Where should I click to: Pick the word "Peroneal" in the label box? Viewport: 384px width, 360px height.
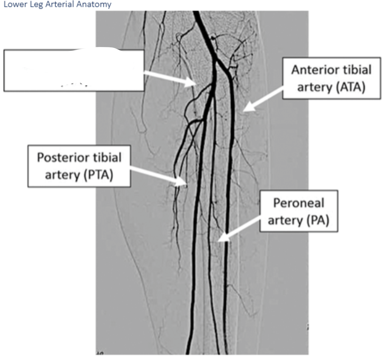[299, 203]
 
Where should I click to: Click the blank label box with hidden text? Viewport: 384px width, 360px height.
[74, 70]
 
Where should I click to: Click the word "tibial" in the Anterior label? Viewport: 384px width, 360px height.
[355, 70]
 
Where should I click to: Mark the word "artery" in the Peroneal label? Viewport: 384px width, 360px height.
[284, 220]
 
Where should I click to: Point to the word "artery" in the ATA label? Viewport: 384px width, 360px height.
[314, 87]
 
